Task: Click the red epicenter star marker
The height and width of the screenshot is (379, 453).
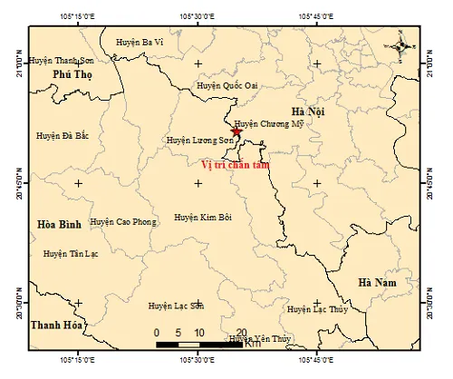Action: click(x=236, y=132)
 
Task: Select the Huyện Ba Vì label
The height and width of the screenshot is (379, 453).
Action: click(x=140, y=42)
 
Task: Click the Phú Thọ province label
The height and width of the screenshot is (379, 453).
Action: click(x=72, y=74)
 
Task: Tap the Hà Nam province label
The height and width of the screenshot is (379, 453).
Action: click(x=378, y=284)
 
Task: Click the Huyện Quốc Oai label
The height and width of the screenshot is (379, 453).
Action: click(x=228, y=85)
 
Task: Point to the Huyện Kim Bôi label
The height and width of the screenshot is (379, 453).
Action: click(x=204, y=218)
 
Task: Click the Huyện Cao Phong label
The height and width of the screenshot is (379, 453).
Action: click(x=123, y=222)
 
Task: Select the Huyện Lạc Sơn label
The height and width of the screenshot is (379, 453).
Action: click(x=177, y=307)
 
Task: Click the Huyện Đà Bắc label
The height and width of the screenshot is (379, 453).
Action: click(x=63, y=135)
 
